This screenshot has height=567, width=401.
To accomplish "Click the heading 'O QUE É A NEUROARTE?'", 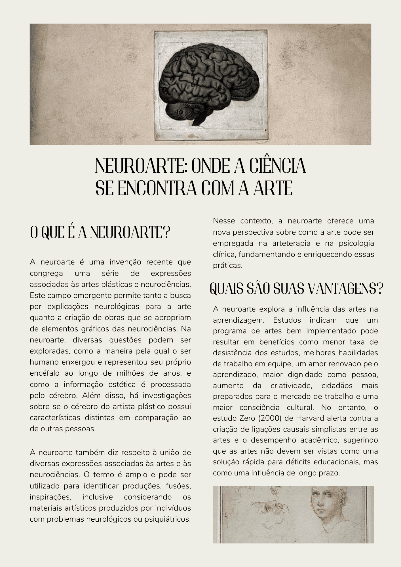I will click(100, 233).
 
